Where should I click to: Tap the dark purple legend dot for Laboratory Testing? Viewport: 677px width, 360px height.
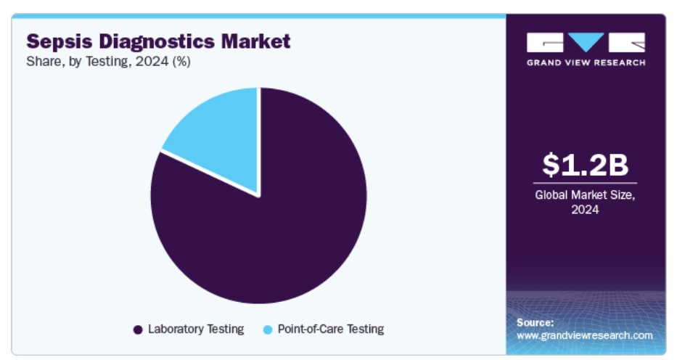138,330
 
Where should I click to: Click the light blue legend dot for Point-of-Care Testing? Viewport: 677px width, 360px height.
268,330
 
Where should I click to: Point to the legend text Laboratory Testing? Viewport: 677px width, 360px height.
196,330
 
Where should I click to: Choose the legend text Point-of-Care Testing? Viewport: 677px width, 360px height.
331,330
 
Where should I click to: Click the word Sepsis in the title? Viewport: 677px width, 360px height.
60,42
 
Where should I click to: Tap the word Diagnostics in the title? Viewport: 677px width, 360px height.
157,41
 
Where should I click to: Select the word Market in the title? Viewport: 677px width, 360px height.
256,41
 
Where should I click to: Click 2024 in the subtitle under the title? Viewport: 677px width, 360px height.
152,62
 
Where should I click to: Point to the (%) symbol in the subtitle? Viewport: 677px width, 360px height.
181,62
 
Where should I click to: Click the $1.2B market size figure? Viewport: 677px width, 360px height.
585,165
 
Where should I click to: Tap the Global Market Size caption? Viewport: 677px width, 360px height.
585,195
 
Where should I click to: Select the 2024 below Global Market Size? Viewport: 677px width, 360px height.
585,210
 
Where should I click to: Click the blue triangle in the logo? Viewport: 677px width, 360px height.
586,41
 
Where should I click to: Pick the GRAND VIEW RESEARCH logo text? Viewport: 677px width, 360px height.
586,62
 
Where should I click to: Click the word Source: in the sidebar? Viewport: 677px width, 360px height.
535,322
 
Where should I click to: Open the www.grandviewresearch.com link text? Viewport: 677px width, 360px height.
585,335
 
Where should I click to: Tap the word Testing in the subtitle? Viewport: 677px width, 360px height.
108,62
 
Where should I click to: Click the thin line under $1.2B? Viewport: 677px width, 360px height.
585,184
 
